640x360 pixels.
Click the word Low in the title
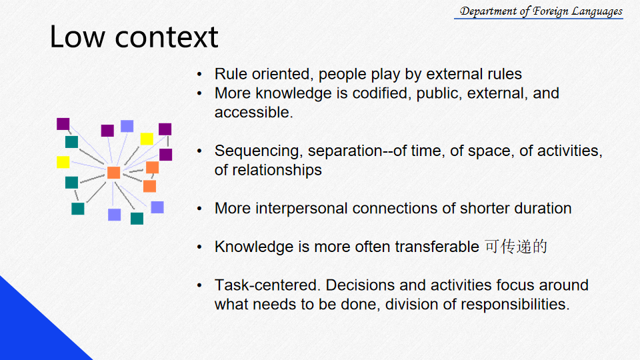77,37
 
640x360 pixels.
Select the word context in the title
167,37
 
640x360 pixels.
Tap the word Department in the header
488,11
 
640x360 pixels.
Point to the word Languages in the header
597,12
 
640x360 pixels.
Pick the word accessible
254,112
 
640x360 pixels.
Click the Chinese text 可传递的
516,247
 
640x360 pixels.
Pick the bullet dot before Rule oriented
199,75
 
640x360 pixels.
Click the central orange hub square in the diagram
113,173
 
